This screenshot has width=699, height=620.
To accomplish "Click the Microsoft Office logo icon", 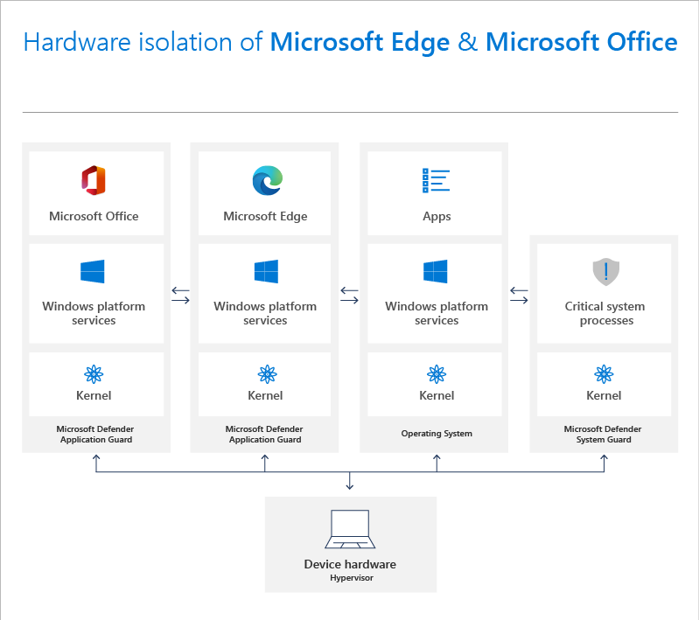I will [x=94, y=180].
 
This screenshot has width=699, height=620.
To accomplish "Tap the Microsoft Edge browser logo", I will [x=266, y=180].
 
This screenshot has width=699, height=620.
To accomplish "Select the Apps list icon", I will [x=436, y=180].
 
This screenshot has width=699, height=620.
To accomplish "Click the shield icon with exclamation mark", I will [x=605, y=272].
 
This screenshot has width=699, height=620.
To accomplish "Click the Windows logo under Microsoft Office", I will [x=94, y=271].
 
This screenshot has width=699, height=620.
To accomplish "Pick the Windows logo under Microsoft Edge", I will [x=266, y=271].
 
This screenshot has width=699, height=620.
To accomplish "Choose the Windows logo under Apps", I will [x=436, y=271].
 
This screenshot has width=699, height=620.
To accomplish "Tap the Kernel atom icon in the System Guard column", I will [x=604, y=374].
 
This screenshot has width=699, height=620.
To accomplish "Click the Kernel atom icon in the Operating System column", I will [x=436, y=374].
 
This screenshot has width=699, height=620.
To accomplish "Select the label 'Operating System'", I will [x=437, y=434].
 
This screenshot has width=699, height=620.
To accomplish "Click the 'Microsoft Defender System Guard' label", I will [x=603, y=435].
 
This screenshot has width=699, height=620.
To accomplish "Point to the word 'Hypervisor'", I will [x=351, y=578].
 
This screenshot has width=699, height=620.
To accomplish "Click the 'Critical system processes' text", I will [x=605, y=313].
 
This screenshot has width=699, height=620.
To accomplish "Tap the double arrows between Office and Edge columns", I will [x=181, y=296].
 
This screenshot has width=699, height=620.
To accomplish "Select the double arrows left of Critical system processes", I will [x=519, y=296].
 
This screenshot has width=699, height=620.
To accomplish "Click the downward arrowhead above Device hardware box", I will [x=350, y=485].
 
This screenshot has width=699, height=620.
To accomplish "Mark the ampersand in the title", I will [x=467, y=42].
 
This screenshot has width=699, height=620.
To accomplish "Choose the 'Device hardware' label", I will [x=350, y=564].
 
